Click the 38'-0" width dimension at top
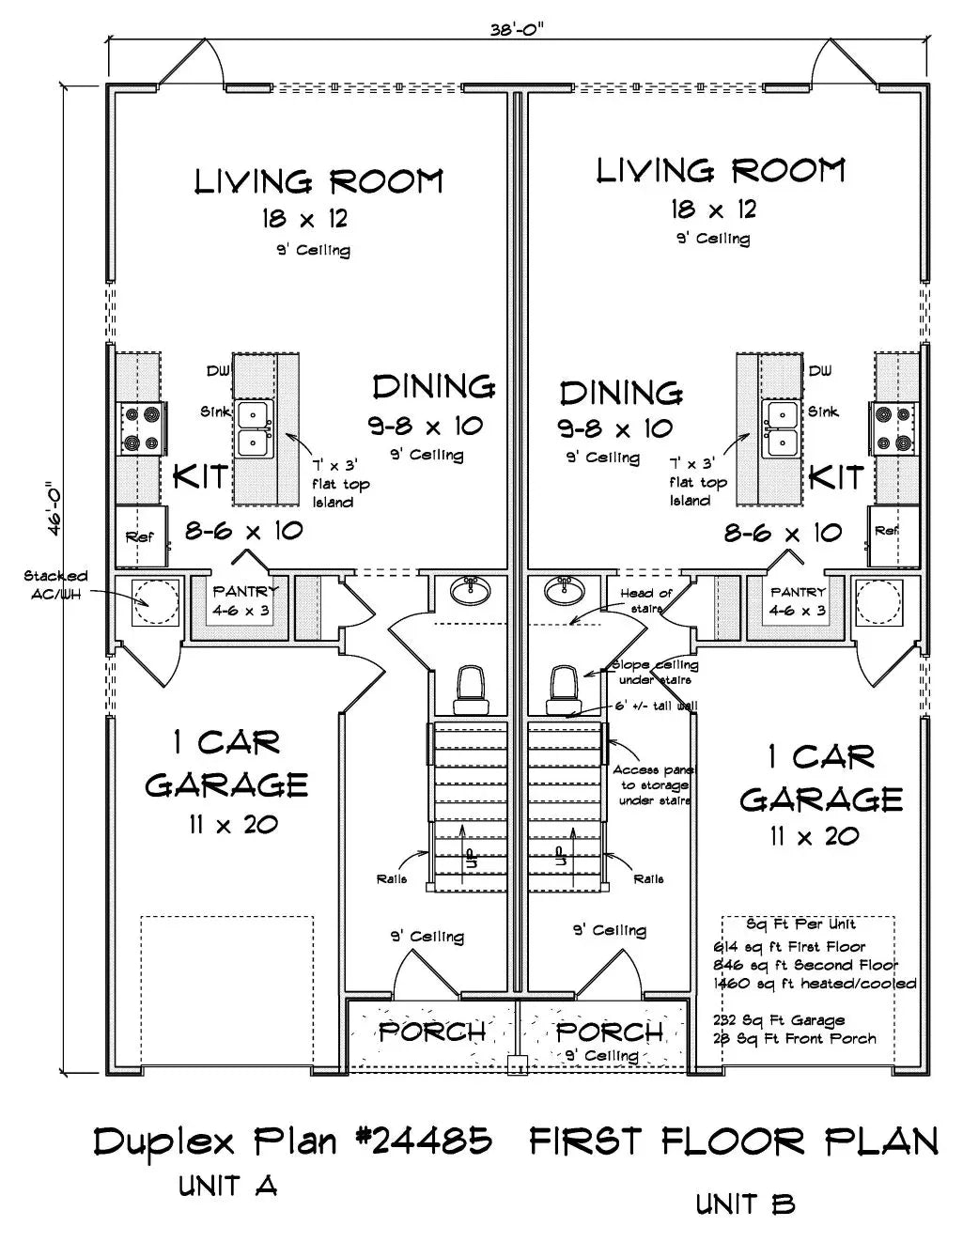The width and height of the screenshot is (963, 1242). point(517,28)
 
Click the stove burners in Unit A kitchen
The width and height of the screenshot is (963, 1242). point(141,427)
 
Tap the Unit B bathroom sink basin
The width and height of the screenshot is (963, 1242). point(565,591)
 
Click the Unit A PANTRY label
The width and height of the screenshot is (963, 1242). point(245,592)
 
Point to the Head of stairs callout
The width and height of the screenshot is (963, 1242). point(646,600)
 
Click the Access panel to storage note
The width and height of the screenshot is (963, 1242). point(653,784)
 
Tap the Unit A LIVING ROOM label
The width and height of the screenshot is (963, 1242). point(318,181)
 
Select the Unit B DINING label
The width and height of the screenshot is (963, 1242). point(621,393)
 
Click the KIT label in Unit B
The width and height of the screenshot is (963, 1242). point(835,477)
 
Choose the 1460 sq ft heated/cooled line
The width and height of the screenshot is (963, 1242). point(815,984)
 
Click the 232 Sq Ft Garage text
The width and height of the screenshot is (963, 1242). point(779,1020)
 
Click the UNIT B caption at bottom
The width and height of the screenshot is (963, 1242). point(746,1204)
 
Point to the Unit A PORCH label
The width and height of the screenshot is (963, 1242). point(432,1032)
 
